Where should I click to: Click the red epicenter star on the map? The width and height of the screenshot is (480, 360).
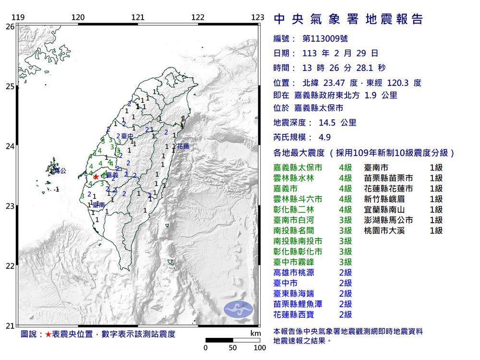(96, 177)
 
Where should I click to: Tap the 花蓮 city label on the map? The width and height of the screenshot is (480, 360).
(183, 145)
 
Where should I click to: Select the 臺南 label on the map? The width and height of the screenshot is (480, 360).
(99, 205)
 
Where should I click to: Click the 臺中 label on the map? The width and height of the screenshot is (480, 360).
(127, 136)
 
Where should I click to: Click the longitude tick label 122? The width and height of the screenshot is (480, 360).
(198, 18)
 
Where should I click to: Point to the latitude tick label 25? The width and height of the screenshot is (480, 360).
(10, 86)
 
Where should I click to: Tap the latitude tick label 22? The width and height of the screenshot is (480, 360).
(10, 266)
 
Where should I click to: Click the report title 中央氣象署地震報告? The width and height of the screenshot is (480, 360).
(348, 20)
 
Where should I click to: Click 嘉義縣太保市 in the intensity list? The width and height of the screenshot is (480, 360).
(298, 168)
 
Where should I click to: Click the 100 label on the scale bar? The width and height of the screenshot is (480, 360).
(260, 348)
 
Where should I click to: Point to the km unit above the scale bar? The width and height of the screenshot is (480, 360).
(255, 333)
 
